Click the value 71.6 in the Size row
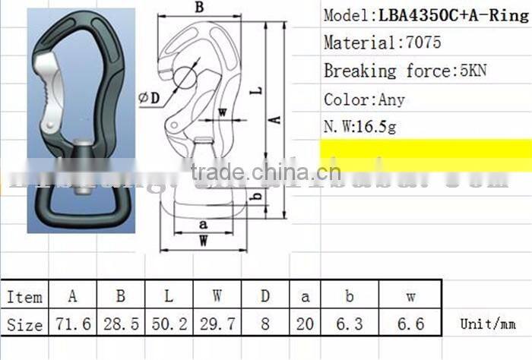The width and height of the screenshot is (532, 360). click(73, 324)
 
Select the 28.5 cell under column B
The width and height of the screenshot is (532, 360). click(122, 324)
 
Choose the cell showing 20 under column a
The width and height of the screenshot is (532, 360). click(304, 324)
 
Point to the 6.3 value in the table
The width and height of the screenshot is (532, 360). click(350, 324)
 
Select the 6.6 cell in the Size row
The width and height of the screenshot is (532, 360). click(410, 324)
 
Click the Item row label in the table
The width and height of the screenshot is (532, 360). click(25, 297)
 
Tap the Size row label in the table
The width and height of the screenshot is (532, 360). click(25, 324)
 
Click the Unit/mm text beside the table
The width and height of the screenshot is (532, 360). click(488, 324)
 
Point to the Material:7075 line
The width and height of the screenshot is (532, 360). click(382, 43)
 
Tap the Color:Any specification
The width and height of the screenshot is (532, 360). click(364, 99)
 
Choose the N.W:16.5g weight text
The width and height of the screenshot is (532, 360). click(359, 127)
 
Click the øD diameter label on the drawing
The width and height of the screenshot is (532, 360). click(150, 96)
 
